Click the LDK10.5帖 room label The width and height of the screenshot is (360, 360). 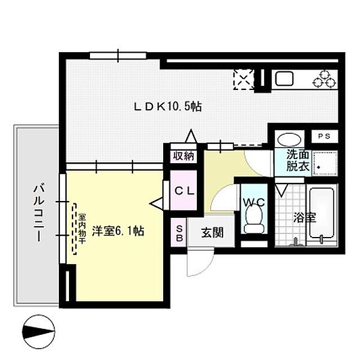(167, 107)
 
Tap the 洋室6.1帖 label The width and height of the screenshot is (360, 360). (118, 231)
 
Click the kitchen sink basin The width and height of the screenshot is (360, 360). (284, 79)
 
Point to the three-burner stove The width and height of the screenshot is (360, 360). (325, 79)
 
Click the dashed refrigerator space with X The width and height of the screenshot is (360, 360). (244, 79)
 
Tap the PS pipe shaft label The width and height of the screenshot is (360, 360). (324, 136)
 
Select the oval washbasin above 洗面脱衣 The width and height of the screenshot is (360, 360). (289, 139)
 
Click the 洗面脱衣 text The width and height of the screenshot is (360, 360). (298, 161)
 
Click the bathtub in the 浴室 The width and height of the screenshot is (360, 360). (321, 214)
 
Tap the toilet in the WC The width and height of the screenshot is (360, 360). (254, 218)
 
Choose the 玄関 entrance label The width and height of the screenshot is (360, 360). (212, 233)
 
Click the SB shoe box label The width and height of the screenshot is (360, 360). (179, 233)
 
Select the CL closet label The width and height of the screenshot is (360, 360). (184, 191)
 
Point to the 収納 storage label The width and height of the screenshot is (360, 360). (184, 156)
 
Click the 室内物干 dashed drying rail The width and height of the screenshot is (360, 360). (74, 229)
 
